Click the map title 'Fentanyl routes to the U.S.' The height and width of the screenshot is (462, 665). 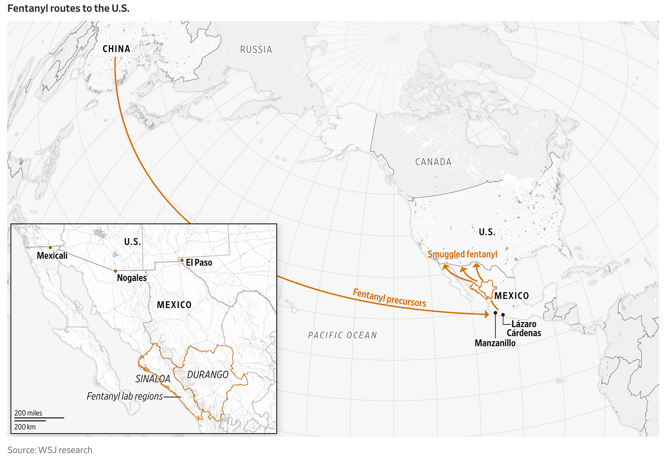pos(69,8)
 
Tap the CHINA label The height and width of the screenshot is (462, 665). pos(116,49)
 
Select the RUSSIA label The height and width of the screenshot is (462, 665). pos(256,49)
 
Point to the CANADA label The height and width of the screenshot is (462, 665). pos(433,162)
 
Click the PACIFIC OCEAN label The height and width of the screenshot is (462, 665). pos(343,335)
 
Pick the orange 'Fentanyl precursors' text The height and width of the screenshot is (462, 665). pos(389,297)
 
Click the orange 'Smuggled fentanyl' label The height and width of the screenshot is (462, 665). pos(462,255)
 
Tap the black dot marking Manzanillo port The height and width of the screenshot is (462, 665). pos(495,313)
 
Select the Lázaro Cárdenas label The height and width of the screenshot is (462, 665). pos(523,329)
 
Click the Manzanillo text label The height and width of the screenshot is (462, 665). pos(495,343)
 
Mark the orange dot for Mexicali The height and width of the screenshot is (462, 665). pos(50,247)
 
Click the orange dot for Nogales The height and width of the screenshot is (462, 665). pos(115,271)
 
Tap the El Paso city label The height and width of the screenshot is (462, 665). pos(199,263)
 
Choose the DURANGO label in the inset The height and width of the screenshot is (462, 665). pos(208,375)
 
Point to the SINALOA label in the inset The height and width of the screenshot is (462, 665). pos(153,379)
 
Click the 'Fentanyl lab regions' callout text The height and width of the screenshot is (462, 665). pos(125,396)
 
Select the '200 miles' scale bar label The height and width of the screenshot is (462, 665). pos(28,413)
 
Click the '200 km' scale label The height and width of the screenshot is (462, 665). pos(25,427)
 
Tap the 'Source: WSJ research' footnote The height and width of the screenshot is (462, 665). pos(50,450)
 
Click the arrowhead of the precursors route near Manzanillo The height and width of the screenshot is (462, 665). pos(487,314)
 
